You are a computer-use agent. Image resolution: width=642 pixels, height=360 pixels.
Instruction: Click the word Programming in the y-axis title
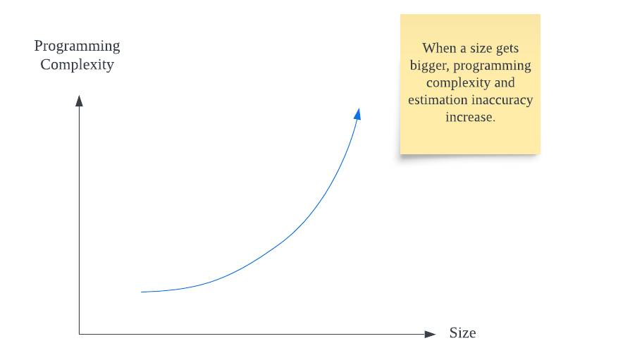pyautogui.click(x=77, y=46)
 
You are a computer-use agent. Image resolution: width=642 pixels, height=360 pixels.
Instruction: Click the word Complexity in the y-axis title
pyautogui.click(x=77, y=65)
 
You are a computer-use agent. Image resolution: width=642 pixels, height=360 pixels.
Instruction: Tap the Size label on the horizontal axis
pyautogui.click(x=463, y=333)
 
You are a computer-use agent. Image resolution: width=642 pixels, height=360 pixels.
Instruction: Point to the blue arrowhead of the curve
pyautogui.click(x=357, y=114)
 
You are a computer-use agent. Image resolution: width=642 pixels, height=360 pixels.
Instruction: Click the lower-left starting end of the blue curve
pyautogui.click(x=142, y=292)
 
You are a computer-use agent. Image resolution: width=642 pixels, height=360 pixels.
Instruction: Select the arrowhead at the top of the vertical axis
pyautogui.click(x=79, y=101)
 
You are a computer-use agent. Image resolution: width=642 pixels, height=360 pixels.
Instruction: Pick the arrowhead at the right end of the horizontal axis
pyautogui.click(x=430, y=334)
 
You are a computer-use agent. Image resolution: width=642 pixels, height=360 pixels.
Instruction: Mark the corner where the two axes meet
pyautogui.click(x=79, y=334)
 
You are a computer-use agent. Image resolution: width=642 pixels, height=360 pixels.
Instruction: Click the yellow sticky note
pyautogui.click(x=470, y=85)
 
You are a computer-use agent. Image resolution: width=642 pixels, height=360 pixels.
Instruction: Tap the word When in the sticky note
pyautogui.click(x=439, y=49)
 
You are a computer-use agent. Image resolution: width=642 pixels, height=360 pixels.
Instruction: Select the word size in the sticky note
pyautogui.click(x=481, y=49)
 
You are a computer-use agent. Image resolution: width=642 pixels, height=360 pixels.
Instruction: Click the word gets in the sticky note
pyautogui.click(x=507, y=49)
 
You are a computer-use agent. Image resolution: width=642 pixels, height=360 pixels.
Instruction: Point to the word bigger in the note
pyautogui.click(x=429, y=66)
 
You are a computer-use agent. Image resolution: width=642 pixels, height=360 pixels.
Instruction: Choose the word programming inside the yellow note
pyautogui.click(x=492, y=66)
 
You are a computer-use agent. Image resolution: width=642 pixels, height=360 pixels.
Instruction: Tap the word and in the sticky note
pyautogui.click(x=505, y=82)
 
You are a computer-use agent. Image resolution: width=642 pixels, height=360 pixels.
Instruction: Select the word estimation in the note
pyautogui.click(x=438, y=100)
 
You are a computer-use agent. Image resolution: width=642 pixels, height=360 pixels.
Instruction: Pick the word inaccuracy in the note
pyautogui.click(x=502, y=101)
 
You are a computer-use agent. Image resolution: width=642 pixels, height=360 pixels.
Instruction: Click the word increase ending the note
pyautogui.click(x=471, y=118)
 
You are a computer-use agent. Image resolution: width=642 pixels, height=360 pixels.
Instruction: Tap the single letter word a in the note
pyautogui.click(x=463, y=49)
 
